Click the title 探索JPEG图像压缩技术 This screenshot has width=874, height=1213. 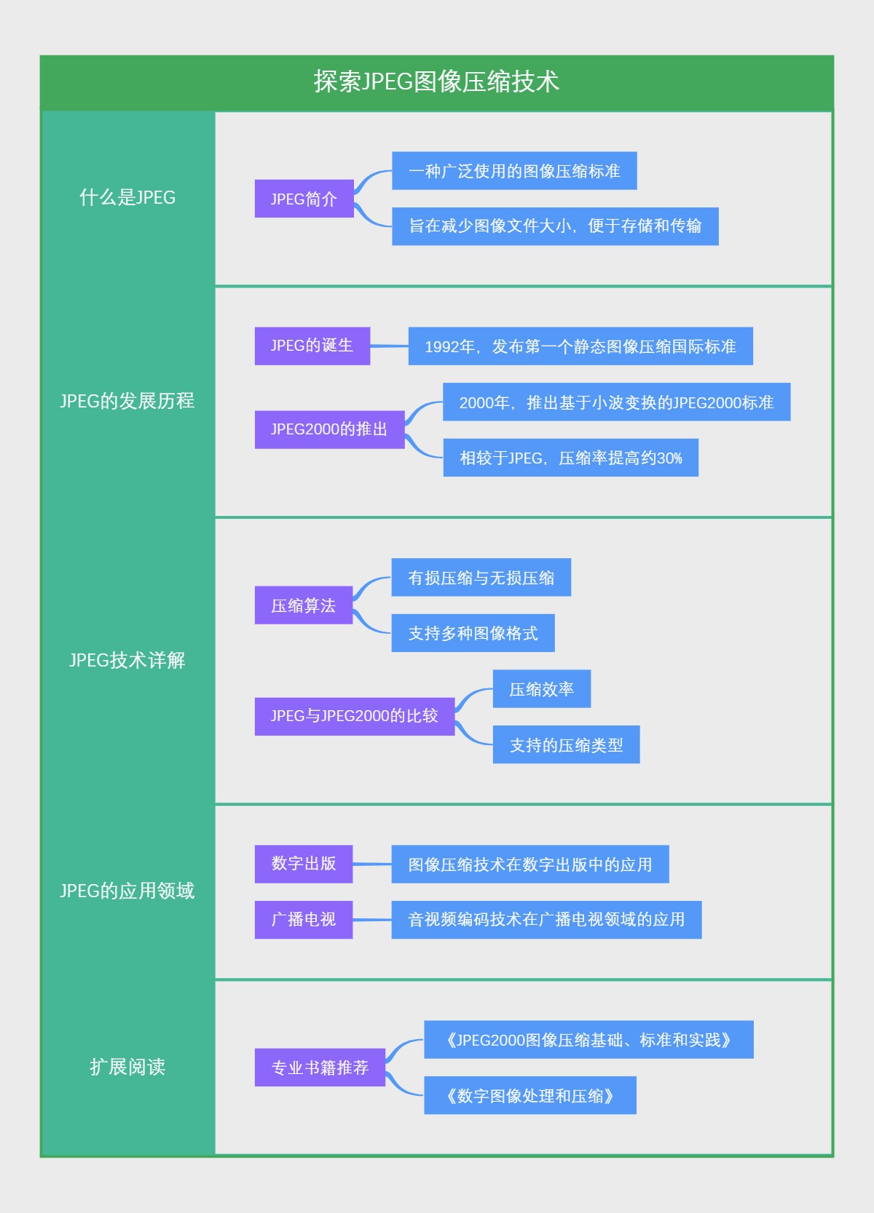(436, 81)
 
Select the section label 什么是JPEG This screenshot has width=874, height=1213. (127, 197)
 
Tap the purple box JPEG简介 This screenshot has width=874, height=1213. (304, 199)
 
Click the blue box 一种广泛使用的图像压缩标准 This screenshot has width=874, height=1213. (514, 171)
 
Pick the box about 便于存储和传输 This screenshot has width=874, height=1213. (555, 226)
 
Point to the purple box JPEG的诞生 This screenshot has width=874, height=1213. (312, 346)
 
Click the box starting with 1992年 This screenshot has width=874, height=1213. (580, 346)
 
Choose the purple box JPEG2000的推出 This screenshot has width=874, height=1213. (329, 429)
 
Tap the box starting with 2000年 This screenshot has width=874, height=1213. (616, 402)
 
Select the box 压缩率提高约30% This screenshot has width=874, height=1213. (570, 458)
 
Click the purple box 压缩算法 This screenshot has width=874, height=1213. (303, 605)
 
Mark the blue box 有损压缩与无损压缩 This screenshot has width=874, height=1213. (481, 578)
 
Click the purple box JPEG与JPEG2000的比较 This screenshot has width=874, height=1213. (354, 716)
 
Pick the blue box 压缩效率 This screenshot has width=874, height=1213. (541, 689)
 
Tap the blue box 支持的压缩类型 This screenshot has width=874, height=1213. (566, 744)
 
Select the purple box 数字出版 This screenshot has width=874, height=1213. (303, 864)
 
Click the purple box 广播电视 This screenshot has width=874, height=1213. (303, 920)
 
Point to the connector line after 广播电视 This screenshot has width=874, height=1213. (372, 920)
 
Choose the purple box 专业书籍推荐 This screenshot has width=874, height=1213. (320, 1067)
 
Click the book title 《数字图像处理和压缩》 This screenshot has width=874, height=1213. (529, 1095)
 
